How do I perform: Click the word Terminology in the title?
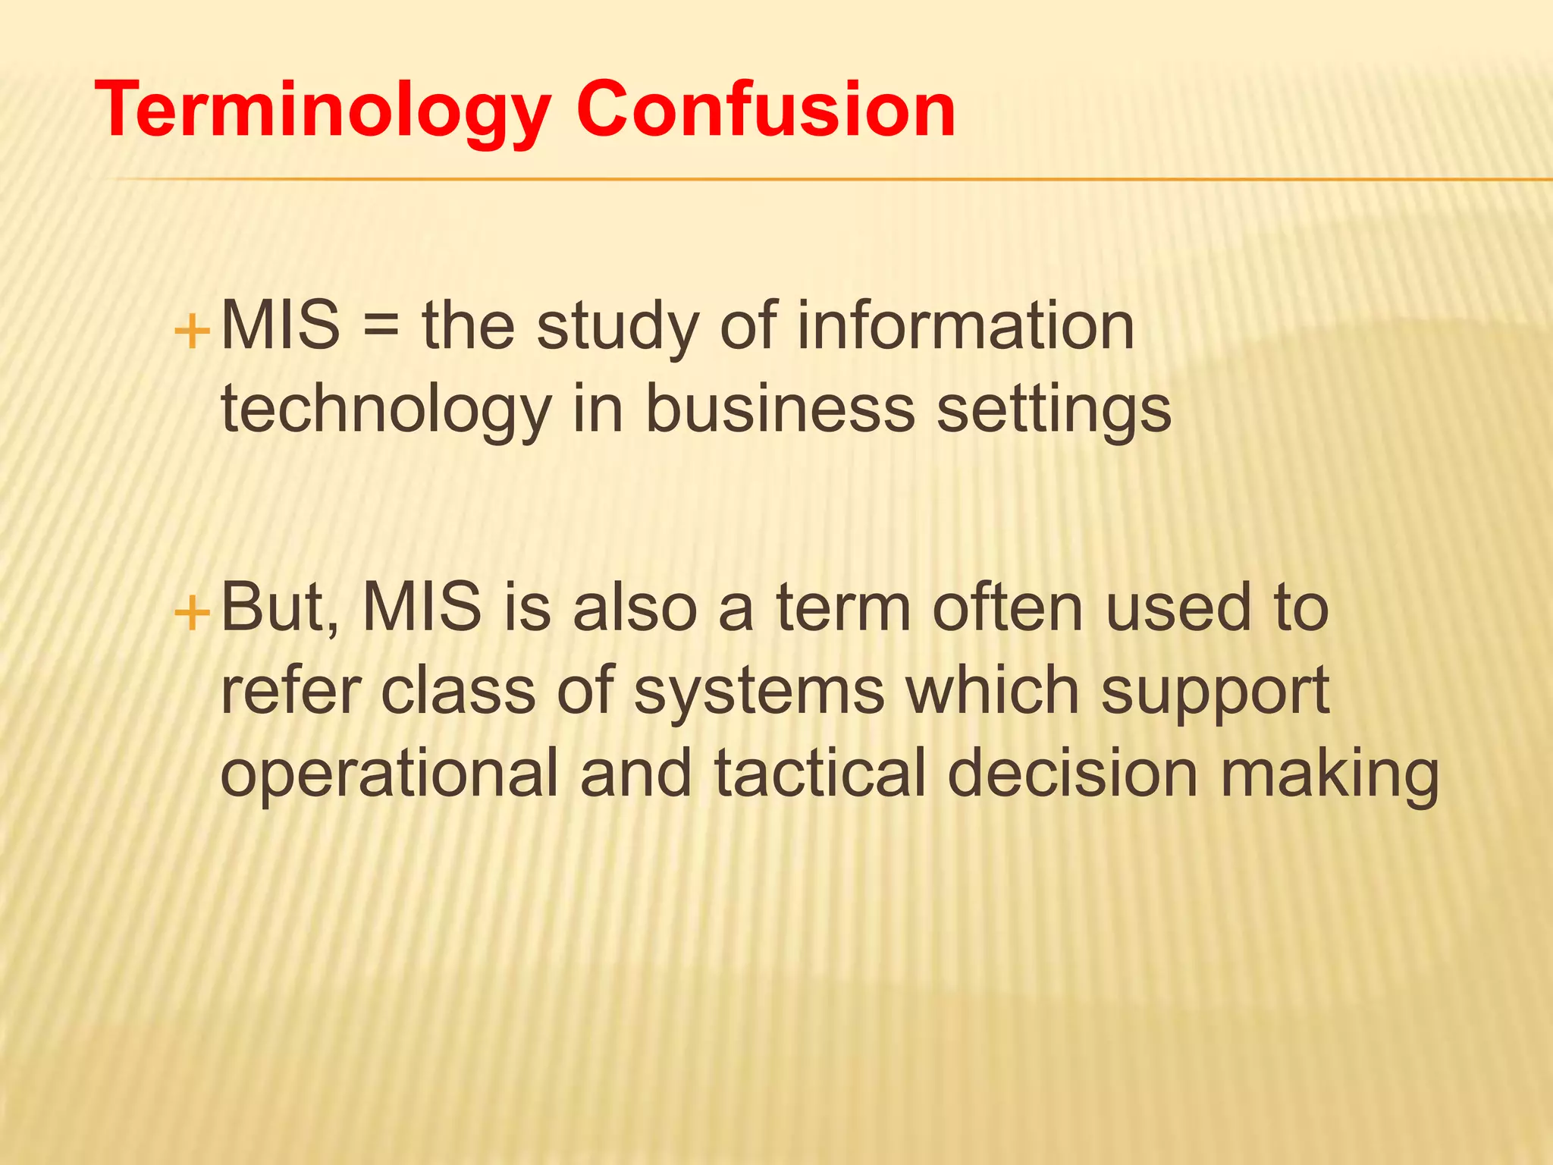[322, 112]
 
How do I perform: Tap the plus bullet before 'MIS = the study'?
[192, 331]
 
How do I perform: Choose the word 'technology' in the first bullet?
[385, 410]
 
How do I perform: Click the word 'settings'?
[1054, 411]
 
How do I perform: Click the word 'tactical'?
[820, 774]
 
